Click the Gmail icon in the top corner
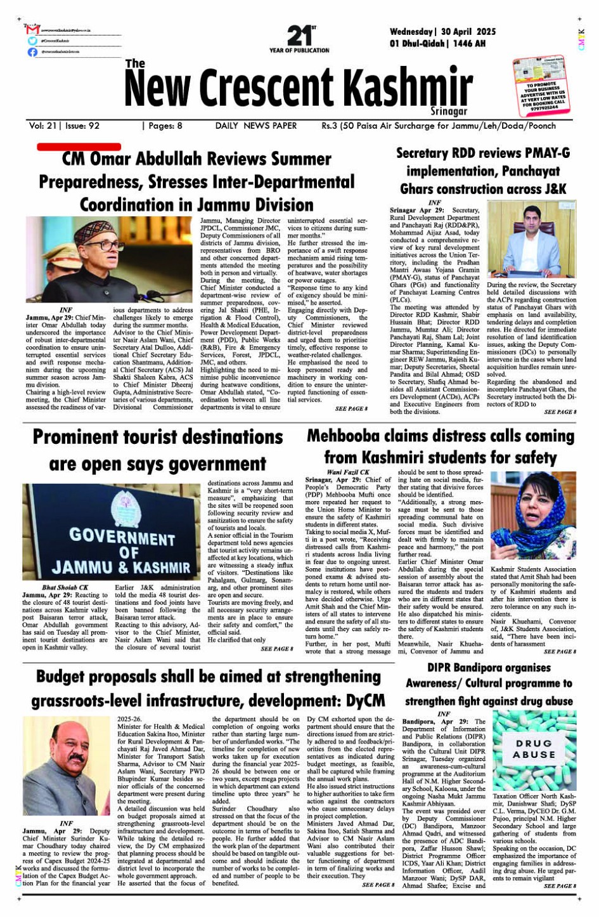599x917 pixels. click(x=33, y=29)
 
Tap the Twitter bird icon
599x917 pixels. click(x=32, y=41)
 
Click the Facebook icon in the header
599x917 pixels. click(x=32, y=52)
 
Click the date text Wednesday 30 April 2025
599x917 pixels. click(x=442, y=32)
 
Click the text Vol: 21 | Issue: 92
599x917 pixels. click(x=64, y=126)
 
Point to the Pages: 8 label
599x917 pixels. click(x=162, y=126)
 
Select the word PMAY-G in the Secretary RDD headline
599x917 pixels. click(x=544, y=153)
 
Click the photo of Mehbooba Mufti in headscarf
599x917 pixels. click(x=533, y=515)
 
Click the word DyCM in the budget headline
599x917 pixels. click(x=365, y=701)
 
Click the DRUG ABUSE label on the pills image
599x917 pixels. click(x=533, y=749)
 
